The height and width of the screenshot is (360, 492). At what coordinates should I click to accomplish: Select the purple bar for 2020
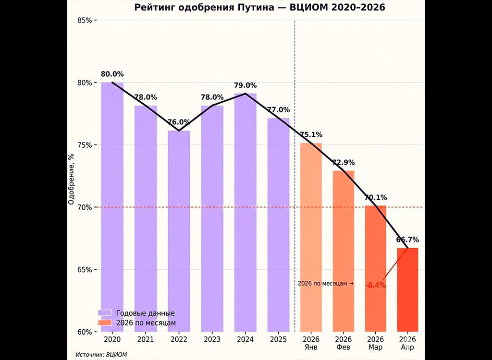tap(112, 206)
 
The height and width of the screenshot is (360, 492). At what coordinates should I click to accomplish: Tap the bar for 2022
tap(179, 230)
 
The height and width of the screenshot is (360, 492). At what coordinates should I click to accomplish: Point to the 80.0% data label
tap(112, 74)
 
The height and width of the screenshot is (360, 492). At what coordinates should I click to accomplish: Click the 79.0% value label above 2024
tap(246, 85)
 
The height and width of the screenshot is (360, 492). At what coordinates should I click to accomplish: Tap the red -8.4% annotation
tap(376, 286)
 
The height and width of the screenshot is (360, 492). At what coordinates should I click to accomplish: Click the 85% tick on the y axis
tap(86, 21)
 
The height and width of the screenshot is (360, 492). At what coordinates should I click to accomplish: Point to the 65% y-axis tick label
tap(86, 270)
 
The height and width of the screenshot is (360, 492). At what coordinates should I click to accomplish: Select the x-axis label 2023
tap(212, 339)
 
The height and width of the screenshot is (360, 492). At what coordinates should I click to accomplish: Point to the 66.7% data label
tap(407, 240)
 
